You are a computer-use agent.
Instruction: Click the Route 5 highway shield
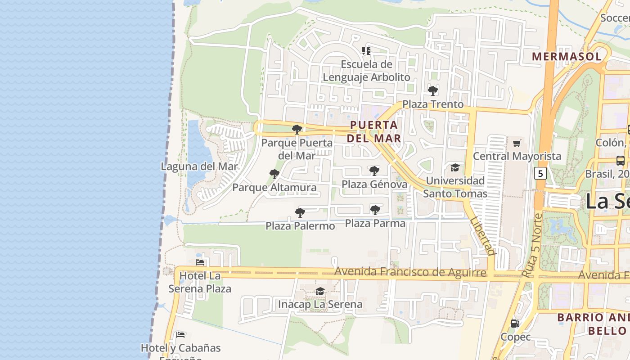(x=540, y=173)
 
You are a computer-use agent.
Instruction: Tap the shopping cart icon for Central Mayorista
(x=517, y=144)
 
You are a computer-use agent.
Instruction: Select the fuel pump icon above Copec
(x=515, y=323)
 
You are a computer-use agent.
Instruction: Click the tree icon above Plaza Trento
(x=433, y=91)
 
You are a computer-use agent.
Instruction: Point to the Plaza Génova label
(x=374, y=184)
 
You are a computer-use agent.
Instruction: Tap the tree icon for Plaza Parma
(x=375, y=210)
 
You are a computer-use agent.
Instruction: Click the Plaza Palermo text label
(x=300, y=225)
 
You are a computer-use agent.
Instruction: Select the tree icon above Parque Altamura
(x=274, y=174)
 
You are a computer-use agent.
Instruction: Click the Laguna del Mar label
(x=199, y=166)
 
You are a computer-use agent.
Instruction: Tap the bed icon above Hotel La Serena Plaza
(x=200, y=262)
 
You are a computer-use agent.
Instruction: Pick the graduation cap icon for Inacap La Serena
(x=320, y=291)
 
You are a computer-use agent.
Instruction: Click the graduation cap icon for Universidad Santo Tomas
(x=455, y=167)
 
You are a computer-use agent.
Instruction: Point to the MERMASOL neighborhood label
(x=567, y=56)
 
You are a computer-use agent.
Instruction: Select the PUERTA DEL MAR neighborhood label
(x=374, y=131)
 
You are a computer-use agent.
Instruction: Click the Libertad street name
(x=482, y=236)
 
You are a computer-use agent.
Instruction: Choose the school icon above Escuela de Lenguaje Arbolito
(x=366, y=51)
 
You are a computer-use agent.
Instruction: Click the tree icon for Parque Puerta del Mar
(x=297, y=130)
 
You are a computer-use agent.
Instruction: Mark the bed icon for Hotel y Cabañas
(x=180, y=334)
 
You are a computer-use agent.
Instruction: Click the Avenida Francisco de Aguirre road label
(x=410, y=272)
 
